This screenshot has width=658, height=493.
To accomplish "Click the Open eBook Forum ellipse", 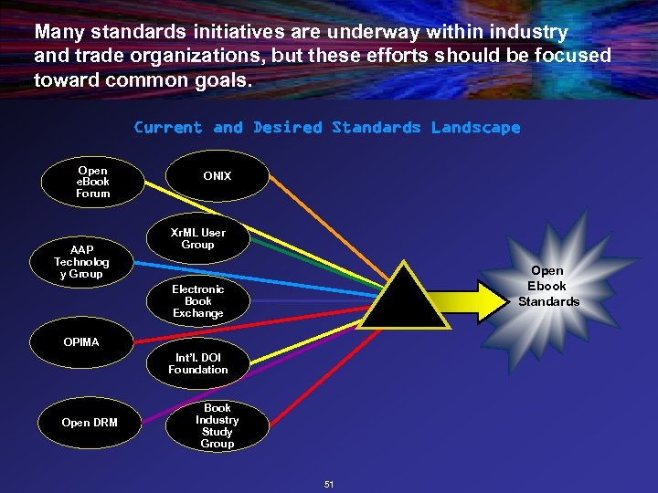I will pos(92,182).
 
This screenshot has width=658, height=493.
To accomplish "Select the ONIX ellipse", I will pos(218,175).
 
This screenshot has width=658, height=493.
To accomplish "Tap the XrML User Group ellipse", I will pos(197,239).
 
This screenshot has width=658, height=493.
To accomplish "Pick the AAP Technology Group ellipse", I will pos(80,262).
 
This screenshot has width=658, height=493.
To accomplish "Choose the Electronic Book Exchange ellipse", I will pos(197,301).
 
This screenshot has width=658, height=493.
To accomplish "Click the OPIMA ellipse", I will pos(81,342).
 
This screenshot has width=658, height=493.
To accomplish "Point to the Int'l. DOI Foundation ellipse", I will pos(197,363).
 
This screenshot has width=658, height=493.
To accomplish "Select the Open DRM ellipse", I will pos(89,423).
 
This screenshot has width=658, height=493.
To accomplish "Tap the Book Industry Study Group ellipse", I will pos(218,425).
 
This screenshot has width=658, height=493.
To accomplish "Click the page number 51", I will pos(328,483).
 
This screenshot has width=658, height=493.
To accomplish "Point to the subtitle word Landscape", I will pos(475,128).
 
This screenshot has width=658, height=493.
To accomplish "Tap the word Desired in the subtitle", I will pos(288,128).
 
